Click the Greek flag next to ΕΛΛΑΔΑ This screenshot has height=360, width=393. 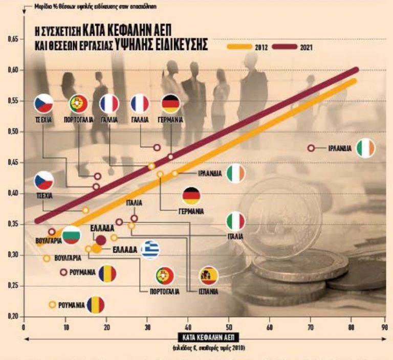150,250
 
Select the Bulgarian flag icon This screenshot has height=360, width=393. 71,235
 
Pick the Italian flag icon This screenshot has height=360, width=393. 236,221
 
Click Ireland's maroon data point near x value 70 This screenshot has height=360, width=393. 311,148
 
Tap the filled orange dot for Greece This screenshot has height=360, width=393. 96,249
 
